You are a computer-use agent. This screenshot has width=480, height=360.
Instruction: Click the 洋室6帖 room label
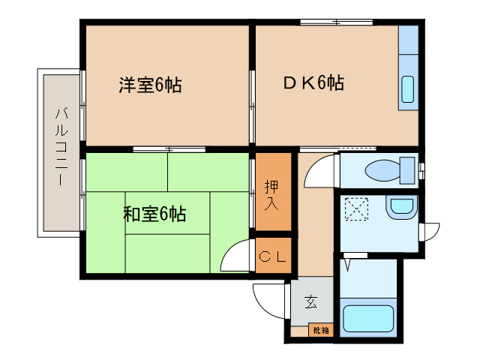point(150,85)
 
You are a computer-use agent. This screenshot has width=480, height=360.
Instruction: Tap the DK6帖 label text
point(313,83)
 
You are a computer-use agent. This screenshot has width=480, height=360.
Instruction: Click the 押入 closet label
point(272,193)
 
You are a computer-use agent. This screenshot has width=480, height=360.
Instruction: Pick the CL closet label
point(272,256)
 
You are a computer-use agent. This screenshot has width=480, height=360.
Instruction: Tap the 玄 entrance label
point(310,302)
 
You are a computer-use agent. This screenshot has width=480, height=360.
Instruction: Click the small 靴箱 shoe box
point(320,329)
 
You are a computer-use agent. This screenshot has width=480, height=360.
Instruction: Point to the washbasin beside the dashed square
point(401,207)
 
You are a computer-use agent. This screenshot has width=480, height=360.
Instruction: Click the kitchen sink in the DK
point(407,89)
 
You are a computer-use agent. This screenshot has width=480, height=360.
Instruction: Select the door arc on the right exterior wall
point(430,232)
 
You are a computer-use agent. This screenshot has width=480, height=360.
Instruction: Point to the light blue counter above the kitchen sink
point(408,41)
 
